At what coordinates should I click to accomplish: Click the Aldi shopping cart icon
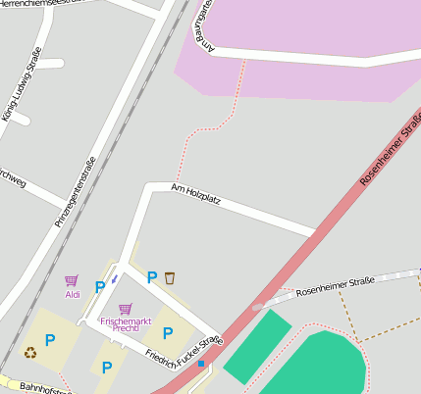pyautogui.click(x=72, y=281)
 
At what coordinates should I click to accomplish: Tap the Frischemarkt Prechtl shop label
pyautogui.click(x=126, y=324)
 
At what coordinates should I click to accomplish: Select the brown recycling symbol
pyautogui.click(x=30, y=352)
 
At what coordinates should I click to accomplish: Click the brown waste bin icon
pyautogui.click(x=170, y=277)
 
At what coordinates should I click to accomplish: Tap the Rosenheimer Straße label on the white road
pyautogui.click(x=335, y=285)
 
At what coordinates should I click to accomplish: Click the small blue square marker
pyautogui.click(x=201, y=364)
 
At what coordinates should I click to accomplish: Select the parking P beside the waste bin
pyautogui.click(x=151, y=277)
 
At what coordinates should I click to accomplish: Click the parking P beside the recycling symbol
pyautogui.click(x=49, y=340)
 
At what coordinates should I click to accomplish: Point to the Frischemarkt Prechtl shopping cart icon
pyautogui.click(x=125, y=309)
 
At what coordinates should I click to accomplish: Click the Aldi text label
pyautogui.click(x=73, y=294)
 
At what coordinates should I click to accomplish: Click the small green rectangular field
pyautogui.click(x=258, y=347)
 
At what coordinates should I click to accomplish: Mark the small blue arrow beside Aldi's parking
pyautogui.click(x=114, y=278)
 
